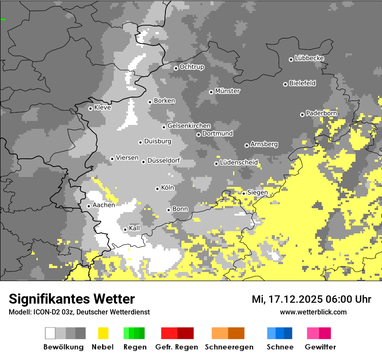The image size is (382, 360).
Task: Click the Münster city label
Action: click(227, 91)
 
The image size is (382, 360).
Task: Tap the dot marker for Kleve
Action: click(90, 108)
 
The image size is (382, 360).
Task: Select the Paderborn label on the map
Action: click(322, 113)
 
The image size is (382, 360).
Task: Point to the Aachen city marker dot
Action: click(89, 206)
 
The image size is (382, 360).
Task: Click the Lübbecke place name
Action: click(310, 58)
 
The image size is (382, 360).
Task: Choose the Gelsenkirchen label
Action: click(189, 126)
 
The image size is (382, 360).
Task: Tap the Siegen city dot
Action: click(244, 193)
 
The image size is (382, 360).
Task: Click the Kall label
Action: click(135, 228)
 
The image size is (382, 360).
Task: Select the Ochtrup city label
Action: click(192, 67)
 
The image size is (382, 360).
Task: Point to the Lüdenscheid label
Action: click(239, 163)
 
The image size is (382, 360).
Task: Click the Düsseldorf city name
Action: click(164, 160)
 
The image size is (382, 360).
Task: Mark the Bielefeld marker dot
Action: click(286, 84)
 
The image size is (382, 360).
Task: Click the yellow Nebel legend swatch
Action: click(103, 333)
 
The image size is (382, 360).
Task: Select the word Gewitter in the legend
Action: click(320, 347)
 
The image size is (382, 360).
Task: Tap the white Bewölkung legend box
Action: click(50, 333)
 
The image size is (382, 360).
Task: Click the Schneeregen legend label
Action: click(229, 347)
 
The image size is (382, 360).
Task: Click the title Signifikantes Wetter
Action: click(72, 299)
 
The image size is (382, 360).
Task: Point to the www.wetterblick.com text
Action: click(313, 312)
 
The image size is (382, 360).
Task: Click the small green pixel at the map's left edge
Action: click(3, 20)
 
